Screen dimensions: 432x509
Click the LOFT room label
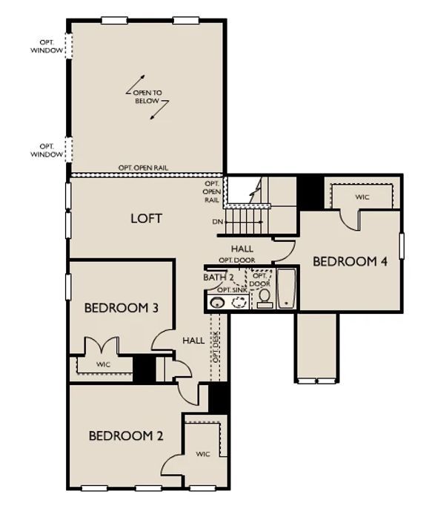pos(146,218)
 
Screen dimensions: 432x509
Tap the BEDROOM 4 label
pos(350,261)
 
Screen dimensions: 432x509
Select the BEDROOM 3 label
pos(122,308)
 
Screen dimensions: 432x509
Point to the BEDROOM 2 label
pos(126,436)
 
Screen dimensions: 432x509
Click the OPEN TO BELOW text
pos(147,96)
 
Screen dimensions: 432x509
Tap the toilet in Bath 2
pos(265,298)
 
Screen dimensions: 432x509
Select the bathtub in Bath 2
pos(287,288)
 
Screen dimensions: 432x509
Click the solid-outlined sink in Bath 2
pos(217,303)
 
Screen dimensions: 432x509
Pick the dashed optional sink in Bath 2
pos(239,302)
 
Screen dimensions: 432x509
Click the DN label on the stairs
pos(217,222)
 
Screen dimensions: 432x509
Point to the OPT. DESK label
pos(216,347)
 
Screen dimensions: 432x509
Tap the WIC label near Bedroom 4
pos(362,197)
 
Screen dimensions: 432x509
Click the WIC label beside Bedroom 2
pos(203,454)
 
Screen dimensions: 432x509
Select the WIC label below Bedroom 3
pos(104,364)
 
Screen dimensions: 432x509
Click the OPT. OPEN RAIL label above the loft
pos(143,168)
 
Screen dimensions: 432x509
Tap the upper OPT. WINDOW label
pos(47,47)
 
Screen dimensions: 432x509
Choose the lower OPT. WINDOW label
pos(47,151)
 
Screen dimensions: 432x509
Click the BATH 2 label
pos(219,278)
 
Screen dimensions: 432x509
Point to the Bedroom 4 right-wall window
pos(402,246)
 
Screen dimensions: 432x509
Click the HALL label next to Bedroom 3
pos(193,341)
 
